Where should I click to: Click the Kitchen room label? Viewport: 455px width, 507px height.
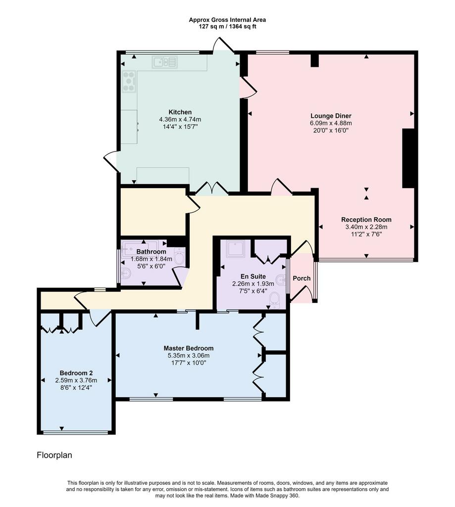[180, 112]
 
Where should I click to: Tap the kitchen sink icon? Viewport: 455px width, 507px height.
[165, 62]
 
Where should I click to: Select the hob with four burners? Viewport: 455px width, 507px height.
[129, 82]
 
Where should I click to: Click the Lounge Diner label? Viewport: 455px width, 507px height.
[331, 116]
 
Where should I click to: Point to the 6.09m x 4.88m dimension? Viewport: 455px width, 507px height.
[331, 123]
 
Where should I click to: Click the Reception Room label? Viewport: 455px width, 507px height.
[366, 219]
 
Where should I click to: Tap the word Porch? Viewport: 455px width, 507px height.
[302, 278]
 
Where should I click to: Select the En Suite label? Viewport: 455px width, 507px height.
[253, 276]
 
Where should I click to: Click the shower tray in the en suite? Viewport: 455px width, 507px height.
[236, 249]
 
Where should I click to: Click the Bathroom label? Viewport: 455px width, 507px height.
[151, 252]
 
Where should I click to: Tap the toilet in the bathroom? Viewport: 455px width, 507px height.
[179, 256]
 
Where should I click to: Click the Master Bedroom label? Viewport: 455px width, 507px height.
[189, 348]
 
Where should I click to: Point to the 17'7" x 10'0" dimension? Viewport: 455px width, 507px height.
[189, 363]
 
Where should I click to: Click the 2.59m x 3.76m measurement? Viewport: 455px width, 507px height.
[76, 381]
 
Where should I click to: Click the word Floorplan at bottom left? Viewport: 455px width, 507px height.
[54, 456]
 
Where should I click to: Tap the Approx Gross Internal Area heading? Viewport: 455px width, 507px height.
[227, 20]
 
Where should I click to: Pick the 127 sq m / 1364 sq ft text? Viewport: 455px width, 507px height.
[227, 27]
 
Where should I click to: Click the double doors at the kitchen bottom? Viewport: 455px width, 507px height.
[212, 189]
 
